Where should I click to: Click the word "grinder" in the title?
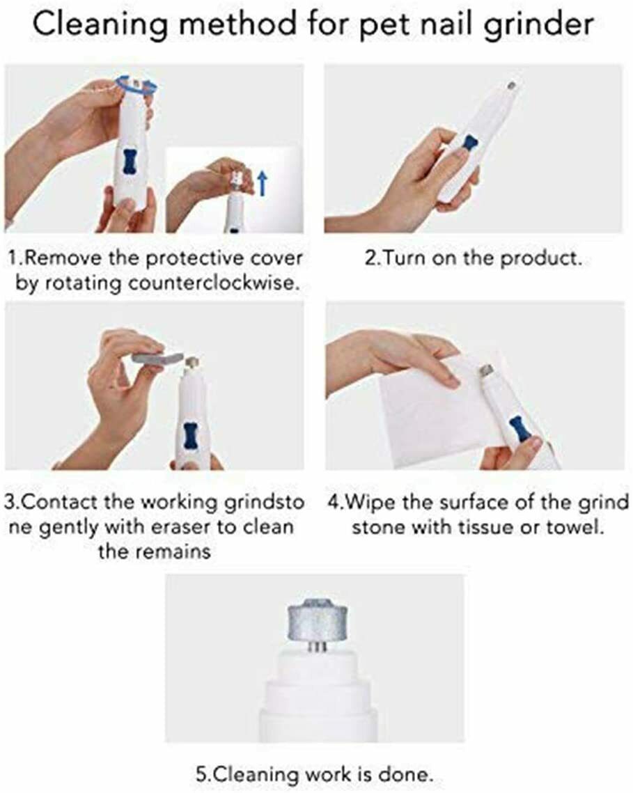pyautogui.click(x=538, y=24)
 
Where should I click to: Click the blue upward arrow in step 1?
pyautogui.click(x=262, y=183)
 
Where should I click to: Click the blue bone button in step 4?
pyautogui.click(x=518, y=429)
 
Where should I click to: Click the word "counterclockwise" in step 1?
pyautogui.click(x=211, y=283)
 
